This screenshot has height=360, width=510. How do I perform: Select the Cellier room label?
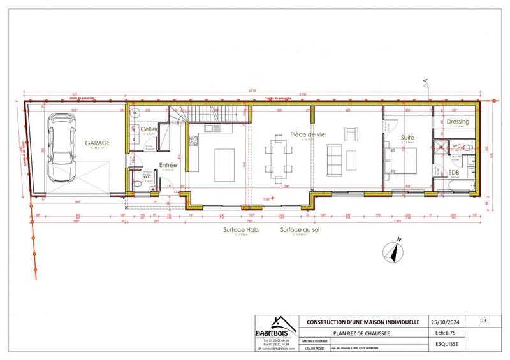point(149,129)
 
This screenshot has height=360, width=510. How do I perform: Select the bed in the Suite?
point(403,159)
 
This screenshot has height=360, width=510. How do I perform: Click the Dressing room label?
point(458,122)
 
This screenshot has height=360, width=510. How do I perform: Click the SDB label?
point(454,172)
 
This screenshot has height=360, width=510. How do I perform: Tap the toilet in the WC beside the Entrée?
point(138,184)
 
